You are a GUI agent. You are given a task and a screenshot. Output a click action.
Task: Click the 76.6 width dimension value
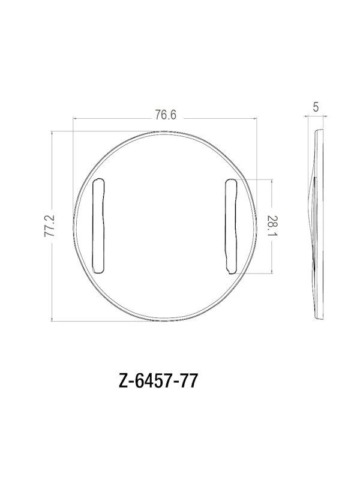[165, 114]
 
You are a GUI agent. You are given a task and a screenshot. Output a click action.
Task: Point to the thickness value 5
[316, 108]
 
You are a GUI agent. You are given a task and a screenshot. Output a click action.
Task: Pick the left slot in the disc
[100, 225]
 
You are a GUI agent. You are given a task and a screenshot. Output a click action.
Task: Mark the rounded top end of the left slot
[100, 182]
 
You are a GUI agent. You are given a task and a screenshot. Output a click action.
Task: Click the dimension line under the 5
[316, 119]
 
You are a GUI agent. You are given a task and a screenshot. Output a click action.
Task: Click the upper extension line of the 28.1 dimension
[258, 179]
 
